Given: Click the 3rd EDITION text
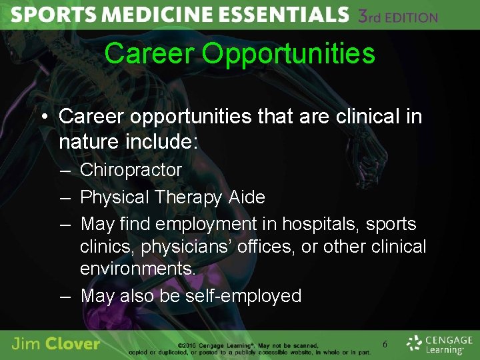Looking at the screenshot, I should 398,16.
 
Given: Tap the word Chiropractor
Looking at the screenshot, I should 131,170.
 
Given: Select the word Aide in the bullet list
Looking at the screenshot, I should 247,197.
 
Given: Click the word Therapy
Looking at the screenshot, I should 190,198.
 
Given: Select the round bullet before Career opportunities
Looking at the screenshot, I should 43,117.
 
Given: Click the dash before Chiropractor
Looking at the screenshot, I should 65,171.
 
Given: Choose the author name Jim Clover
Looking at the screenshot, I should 56,344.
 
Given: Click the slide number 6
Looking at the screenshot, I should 385,344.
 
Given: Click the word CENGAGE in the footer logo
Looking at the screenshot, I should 448,339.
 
